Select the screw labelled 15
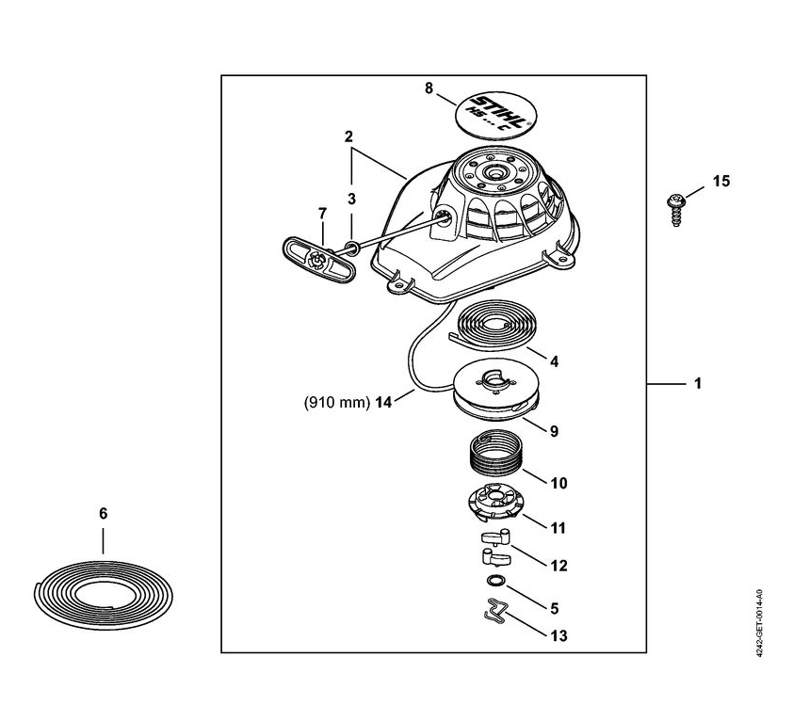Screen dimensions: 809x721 (x=676, y=209)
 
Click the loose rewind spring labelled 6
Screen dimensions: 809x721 (x=104, y=596)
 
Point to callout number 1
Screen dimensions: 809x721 (x=698, y=384)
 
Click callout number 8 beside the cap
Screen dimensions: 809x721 (x=429, y=88)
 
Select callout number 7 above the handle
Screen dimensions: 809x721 (x=322, y=213)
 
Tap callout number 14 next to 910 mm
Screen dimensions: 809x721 (x=383, y=402)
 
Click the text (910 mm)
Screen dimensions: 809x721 (x=337, y=402)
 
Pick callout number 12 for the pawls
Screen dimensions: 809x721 (x=558, y=566)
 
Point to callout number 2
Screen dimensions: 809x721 (x=348, y=136)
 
